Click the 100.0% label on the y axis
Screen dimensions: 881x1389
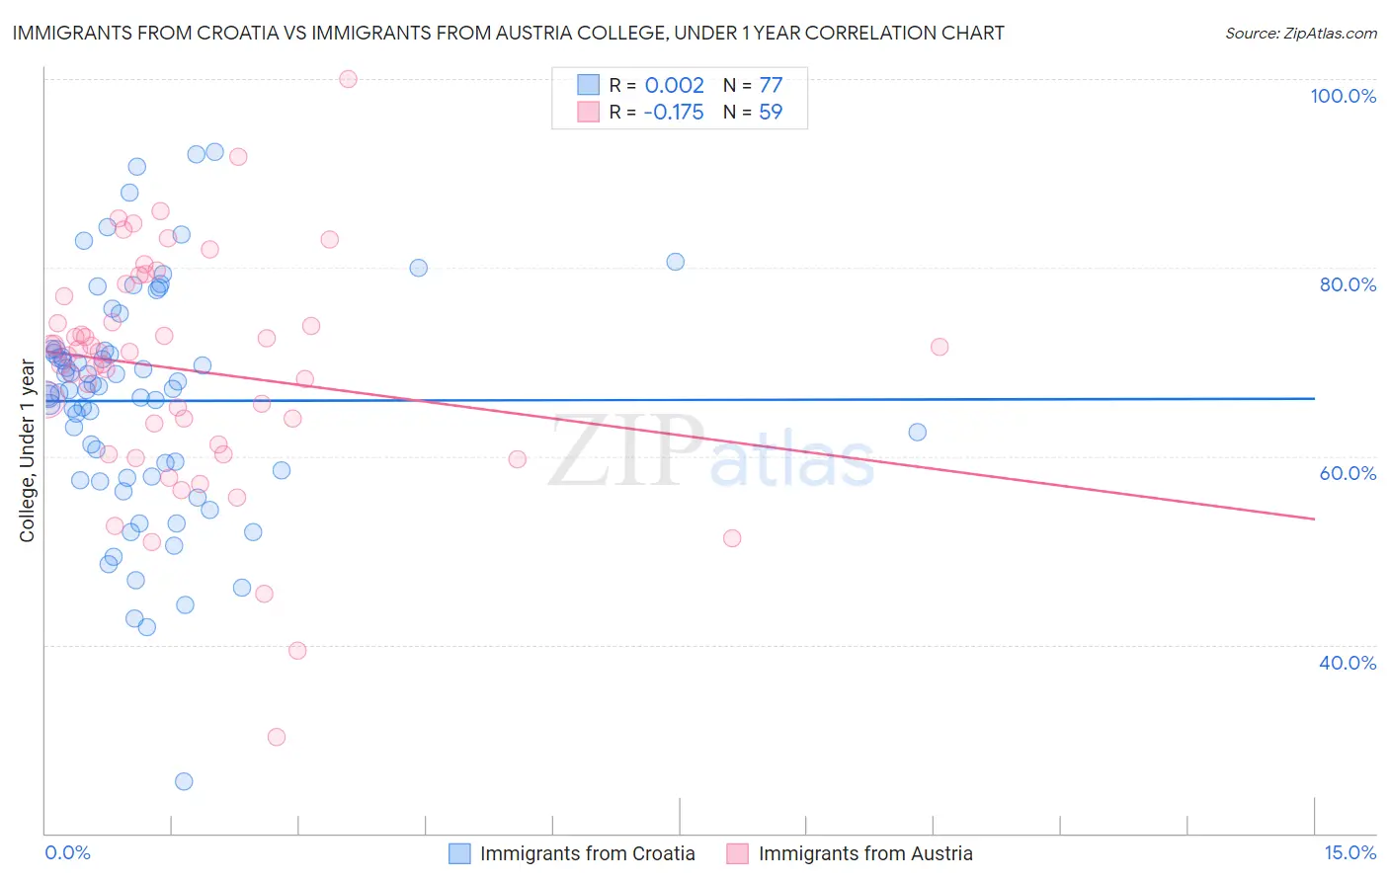point(1343,96)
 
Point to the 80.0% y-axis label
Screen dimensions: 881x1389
point(1348,284)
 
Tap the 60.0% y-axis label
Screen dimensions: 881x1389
point(1348,473)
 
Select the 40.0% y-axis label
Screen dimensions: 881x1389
point(1348,662)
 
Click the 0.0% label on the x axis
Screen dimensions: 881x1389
point(67,852)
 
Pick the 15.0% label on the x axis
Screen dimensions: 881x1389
point(1349,852)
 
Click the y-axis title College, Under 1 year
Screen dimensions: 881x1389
point(28,451)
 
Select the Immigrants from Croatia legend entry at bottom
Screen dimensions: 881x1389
point(587,853)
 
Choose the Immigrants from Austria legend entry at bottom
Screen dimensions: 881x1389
point(864,853)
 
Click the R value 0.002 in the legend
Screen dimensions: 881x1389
point(674,85)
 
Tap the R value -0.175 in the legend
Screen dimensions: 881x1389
point(673,112)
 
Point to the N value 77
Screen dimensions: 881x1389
point(771,85)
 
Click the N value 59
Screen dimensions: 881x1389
point(771,112)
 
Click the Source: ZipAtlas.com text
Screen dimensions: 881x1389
point(1300,34)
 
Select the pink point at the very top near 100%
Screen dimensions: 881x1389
point(348,79)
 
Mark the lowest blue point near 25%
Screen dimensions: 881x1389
point(184,781)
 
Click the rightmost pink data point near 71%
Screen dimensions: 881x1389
point(940,347)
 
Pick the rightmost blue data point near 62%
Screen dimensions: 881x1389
point(917,432)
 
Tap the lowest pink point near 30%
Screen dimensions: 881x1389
point(277,737)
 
